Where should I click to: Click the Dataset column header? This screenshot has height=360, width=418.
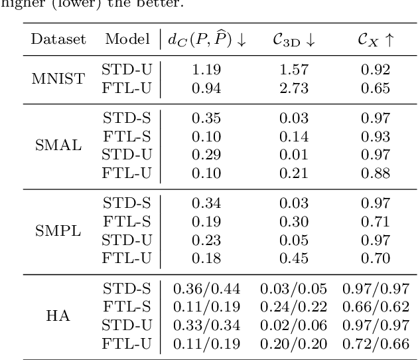(x=58, y=40)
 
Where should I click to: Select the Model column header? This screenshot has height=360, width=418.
(x=125, y=40)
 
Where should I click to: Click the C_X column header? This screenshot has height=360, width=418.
(x=375, y=40)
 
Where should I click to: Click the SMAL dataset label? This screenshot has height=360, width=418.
(x=58, y=145)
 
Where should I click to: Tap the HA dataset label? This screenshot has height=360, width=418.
(x=58, y=317)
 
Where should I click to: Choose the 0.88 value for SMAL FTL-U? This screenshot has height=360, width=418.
(x=375, y=171)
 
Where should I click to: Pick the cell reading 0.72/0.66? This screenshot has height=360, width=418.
(x=375, y=343)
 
